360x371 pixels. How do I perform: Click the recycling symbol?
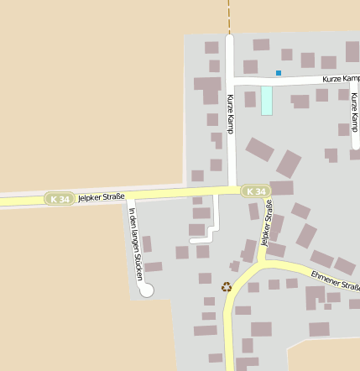tap(227, 287)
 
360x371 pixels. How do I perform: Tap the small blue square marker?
tap(279, 73)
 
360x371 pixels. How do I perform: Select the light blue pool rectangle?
tap(267, 101)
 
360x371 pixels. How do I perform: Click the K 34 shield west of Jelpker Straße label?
tap(59, 199)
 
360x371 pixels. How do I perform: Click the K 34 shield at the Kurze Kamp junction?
tap(258, 191)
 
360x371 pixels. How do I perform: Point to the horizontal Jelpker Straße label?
tap(101, 197)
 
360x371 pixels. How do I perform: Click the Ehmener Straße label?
tap(335, 280)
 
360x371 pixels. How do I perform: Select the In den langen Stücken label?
tap(134, 244)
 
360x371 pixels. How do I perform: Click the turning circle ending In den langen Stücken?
tap(146, 290)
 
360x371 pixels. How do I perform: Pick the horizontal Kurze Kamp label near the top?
tap(341, 78)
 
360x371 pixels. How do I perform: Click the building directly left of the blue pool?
tap(250, 99)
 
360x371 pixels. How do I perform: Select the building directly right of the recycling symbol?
tap(253, 287)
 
